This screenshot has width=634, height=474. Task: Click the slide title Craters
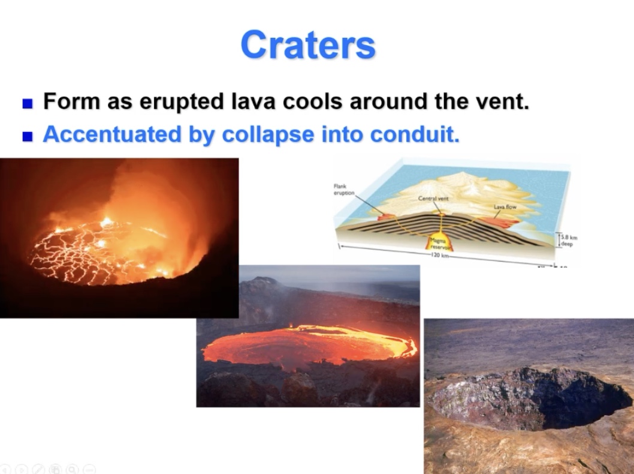(x=307, y=44)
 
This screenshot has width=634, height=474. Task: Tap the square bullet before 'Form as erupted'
(x=27, y=103)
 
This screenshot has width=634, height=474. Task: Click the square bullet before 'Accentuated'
(x=27, y=137)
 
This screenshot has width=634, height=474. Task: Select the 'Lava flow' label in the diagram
(x=505, y=206)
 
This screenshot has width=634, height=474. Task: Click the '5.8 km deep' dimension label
(x=567, y=241)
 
